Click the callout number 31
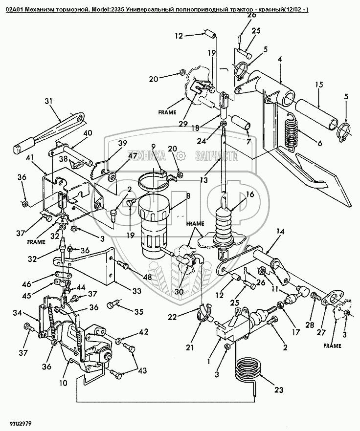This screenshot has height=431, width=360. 48,102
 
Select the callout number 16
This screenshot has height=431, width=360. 250,194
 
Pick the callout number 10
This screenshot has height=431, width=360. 63,383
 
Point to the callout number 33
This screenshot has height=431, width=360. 137,291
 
